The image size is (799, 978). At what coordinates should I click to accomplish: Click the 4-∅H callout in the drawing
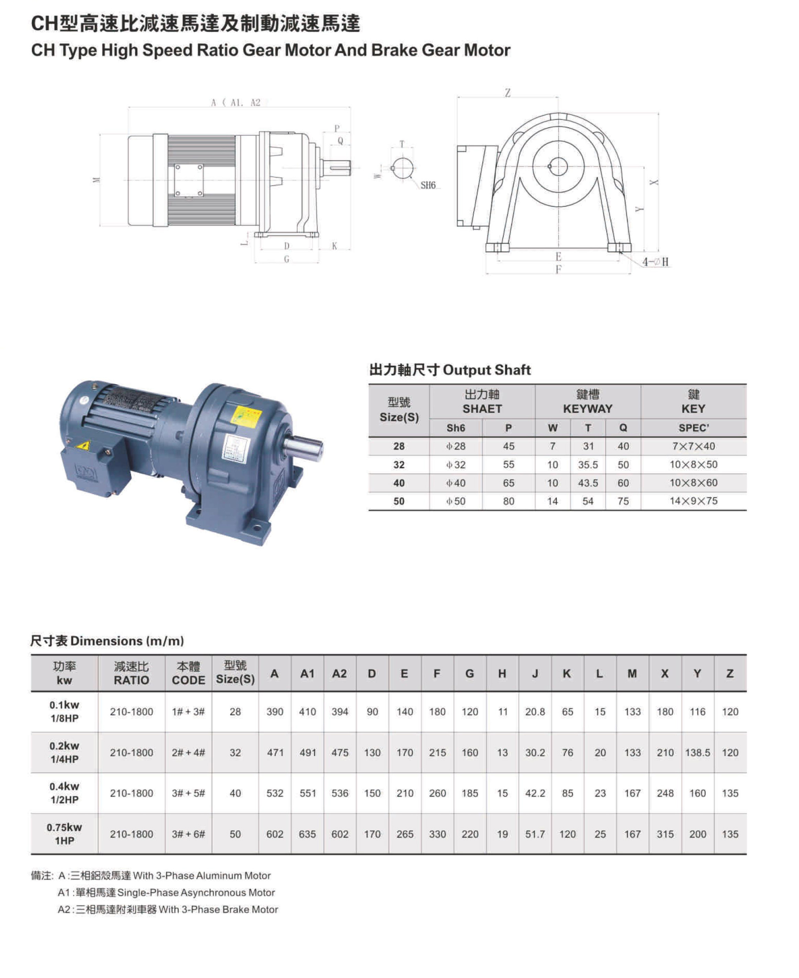coord(655,262)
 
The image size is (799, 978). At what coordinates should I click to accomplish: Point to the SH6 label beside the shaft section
coord(428,185)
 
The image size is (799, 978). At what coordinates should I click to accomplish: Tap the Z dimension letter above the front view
coord(508,93)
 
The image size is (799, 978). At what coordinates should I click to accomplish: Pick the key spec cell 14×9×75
coord(693,501)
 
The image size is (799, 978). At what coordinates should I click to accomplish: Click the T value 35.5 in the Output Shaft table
coord(588,465)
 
